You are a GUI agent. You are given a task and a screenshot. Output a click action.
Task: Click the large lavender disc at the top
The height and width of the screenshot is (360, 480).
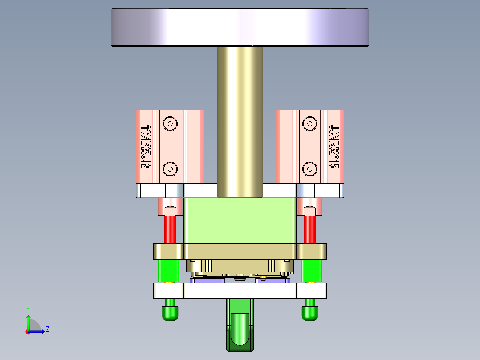(x=240, y=28)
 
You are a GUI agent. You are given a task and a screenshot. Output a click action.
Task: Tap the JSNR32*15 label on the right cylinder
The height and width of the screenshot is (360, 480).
(x=333, y=146)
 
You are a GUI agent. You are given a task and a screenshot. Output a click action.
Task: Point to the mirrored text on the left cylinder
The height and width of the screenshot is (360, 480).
(x=145, y=146)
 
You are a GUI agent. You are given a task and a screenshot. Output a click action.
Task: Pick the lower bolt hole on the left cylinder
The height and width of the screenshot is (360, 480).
(x=170, y=168)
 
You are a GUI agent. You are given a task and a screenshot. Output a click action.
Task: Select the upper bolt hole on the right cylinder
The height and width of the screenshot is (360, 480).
(x=309, y=123)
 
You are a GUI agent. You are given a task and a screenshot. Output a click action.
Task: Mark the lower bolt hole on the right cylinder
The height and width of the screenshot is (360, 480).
(x=309, y=168)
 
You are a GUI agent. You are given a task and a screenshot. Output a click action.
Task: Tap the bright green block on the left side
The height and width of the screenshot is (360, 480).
(x=169, y=271)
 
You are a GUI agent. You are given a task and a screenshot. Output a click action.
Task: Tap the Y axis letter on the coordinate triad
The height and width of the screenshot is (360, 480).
(x=28, y=309)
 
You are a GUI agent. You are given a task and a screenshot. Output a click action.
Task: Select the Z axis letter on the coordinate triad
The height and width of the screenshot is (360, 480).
(x=47, y=329)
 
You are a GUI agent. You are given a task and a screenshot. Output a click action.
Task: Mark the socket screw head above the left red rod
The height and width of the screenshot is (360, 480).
(x=170, y=210)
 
